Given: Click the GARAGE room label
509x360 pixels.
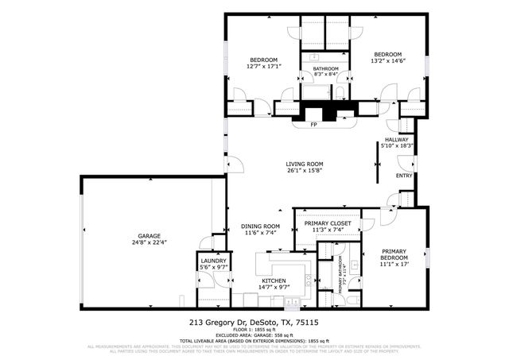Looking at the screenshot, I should coord(149,236).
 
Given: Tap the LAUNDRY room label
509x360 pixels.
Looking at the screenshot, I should coord(213,261).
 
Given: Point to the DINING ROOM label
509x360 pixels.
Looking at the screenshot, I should coord(260,226).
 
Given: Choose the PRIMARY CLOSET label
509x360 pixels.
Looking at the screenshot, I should coord(328,223).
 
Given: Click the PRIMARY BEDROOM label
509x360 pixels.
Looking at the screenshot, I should coord(394,255).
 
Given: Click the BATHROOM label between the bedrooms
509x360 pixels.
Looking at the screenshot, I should coord(325,69).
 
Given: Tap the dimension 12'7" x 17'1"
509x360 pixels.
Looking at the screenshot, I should coord(263,67).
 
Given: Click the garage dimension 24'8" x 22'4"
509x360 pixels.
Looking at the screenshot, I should coord(149,242).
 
